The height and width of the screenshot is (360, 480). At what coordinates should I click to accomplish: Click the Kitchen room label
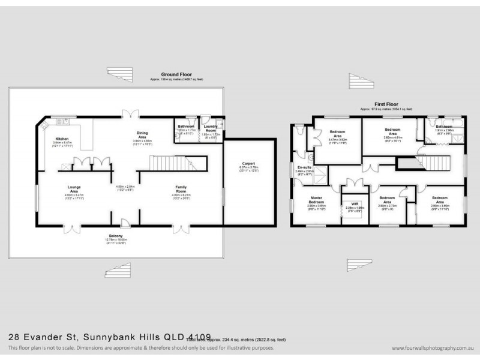pos(62,139)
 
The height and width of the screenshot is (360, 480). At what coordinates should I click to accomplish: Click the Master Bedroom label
pos(316,199)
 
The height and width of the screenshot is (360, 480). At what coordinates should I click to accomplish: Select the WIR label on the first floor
pos(355,204)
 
